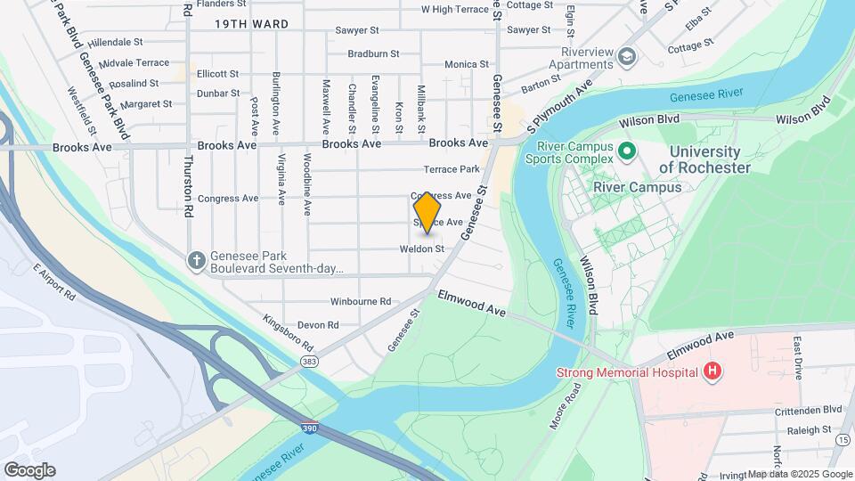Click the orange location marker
coord(427,215)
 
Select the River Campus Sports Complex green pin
coord(626,151)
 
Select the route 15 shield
coord(843,439)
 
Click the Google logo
coord(29,469)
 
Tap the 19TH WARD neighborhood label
coord(252,25)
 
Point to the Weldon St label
coord(422,249)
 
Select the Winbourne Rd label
coord(361,301)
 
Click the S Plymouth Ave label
coord(559,103)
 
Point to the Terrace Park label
coord(452,169)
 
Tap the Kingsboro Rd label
coord(288,332)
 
